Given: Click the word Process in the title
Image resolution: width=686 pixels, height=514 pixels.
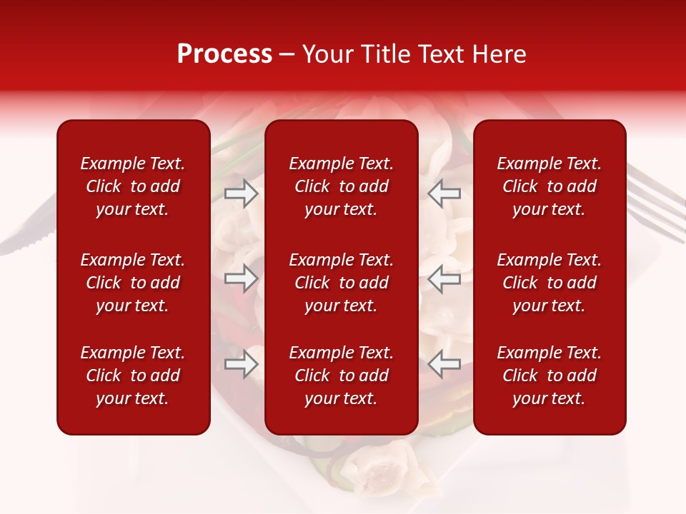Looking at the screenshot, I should click(224, 54).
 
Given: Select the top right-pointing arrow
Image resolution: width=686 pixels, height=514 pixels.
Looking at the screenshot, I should click(241, 193).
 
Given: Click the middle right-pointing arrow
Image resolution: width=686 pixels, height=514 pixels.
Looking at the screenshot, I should click(241, 278).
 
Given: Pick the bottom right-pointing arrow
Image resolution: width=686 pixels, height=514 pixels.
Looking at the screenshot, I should click(241, 364).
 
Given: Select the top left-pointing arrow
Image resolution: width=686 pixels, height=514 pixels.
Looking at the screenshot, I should click(444, 193).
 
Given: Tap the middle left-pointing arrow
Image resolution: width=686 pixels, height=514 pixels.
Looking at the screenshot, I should click(444, 278).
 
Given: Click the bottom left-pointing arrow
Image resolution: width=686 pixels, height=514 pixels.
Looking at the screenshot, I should click(444, 364).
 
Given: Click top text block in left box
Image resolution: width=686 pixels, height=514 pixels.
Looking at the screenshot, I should click(133, 186).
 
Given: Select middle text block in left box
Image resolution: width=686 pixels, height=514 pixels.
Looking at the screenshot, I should click(133, 283).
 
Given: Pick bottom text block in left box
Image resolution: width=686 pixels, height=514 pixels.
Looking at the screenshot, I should click(133, 376).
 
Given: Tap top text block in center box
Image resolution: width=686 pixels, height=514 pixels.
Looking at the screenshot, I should click(341, 186).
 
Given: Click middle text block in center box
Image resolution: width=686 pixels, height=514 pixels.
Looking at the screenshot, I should click(341, 283).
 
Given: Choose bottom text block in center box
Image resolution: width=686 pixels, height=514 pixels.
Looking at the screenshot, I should click(341, 376).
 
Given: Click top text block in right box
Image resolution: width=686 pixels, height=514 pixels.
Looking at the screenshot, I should click(549, 186).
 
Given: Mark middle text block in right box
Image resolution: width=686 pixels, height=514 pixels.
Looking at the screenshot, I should click(549, 283).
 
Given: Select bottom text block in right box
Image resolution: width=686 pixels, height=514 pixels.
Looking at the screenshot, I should click(549, 376).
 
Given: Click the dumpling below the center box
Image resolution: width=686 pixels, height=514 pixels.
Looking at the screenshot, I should click(379, 468).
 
